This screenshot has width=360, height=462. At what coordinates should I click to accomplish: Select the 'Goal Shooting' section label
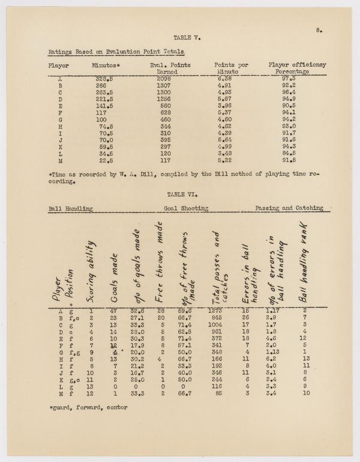point(185,208)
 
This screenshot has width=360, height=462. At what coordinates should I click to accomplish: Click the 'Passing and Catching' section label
point(289,208)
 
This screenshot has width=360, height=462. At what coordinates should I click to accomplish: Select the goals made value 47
point(113,310)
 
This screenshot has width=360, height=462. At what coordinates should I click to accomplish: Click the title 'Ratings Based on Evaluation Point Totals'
point(116,53)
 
